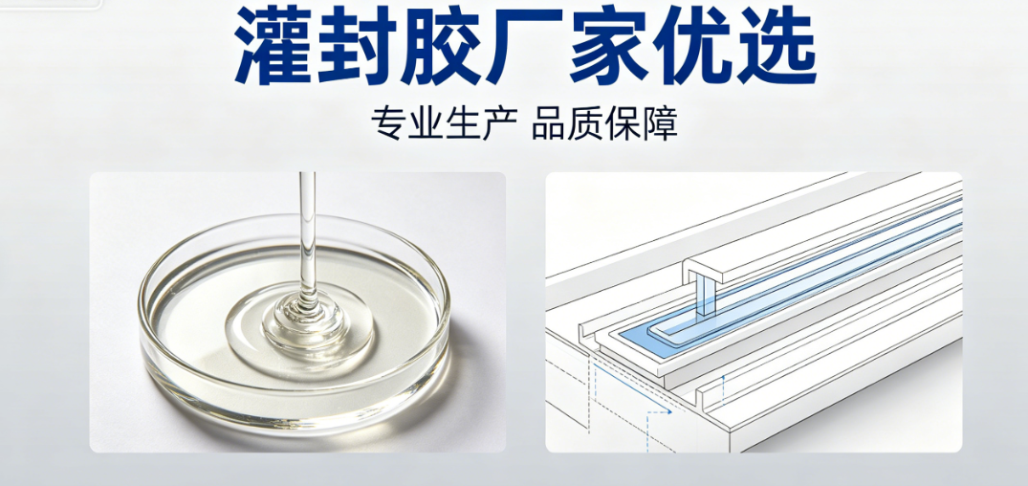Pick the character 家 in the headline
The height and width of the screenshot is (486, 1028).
612,49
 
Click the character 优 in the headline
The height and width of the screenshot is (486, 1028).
695,49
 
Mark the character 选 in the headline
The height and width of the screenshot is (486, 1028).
776,49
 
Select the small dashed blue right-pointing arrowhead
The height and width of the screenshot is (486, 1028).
668,412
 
